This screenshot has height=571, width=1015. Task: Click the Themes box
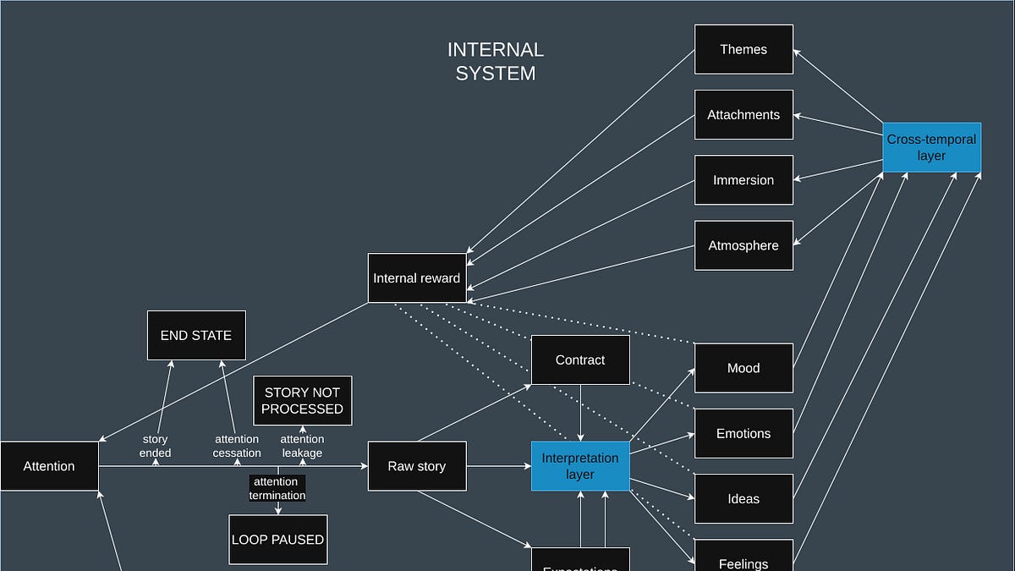743,49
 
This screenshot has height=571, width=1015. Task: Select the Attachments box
743,114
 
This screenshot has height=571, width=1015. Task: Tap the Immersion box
743,179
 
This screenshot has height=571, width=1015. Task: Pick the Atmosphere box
743,245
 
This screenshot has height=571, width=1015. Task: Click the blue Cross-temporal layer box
931,147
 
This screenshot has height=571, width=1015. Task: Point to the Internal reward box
417,277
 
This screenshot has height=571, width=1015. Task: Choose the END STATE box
196,335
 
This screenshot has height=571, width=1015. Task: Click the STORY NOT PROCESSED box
302,400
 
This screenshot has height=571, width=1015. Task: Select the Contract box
580,360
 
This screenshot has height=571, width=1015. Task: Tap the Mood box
743,368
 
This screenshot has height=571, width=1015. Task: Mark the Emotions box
743,433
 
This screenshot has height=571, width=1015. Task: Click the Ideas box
743,498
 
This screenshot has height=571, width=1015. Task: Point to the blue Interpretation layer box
580,466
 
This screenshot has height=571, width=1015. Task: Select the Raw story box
417,466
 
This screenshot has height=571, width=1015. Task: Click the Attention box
49,466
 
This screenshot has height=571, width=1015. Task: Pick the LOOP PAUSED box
277,539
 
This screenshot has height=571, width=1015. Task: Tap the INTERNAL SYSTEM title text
496,62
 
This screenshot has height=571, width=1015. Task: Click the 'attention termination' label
277,488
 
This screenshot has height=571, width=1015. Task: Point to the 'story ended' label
155,446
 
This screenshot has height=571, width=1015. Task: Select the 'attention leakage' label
302,446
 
